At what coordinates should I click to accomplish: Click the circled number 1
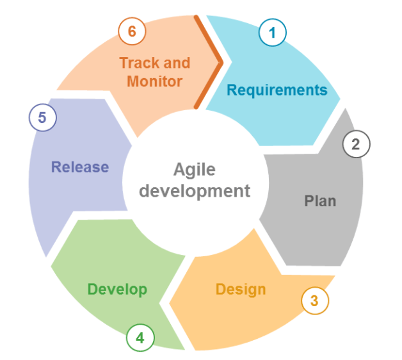pyautogui.click(x=273, y=33)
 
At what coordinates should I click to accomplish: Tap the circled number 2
pyautogui.click(x=357, y=144)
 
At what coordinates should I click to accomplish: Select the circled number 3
pyautogui.click(x=315, y=300)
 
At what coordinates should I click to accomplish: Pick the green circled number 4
pyautogui.click(x=140, y=338)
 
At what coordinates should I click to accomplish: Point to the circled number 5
pyautogui.click(x=42, y=117)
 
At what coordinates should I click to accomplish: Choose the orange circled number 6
pyautogui.click(x=132, y=31)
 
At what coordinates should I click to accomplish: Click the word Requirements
pyautogui.click(x=277, y=90)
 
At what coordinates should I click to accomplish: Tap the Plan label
pyautogui.click(x=320, y=201)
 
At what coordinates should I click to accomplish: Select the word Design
pyautogui.click(x=241, y=290)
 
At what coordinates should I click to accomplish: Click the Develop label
pyautogui.click(x=117, y=290)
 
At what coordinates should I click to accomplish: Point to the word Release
pyautogui.click(x=80, y=167)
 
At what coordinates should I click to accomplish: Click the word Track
pyautogui.click(x=140, y=63)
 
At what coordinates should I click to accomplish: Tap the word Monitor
pyautogui.click(x=155, y=81)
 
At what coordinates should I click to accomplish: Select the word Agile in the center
pyautogui.click(x=195, y=170)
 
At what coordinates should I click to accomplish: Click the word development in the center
pyautogui.click(x=195, y=192)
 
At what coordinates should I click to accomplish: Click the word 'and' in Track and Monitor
pyautogui.click(x=177, y=63)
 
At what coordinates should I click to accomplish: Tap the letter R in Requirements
pyautogui.click(x=232, y=90)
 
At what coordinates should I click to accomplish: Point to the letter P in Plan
pyautogui.click(x=309, y=201)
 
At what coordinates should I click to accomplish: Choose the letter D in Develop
pyautogui.click(x=93, y=289)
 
